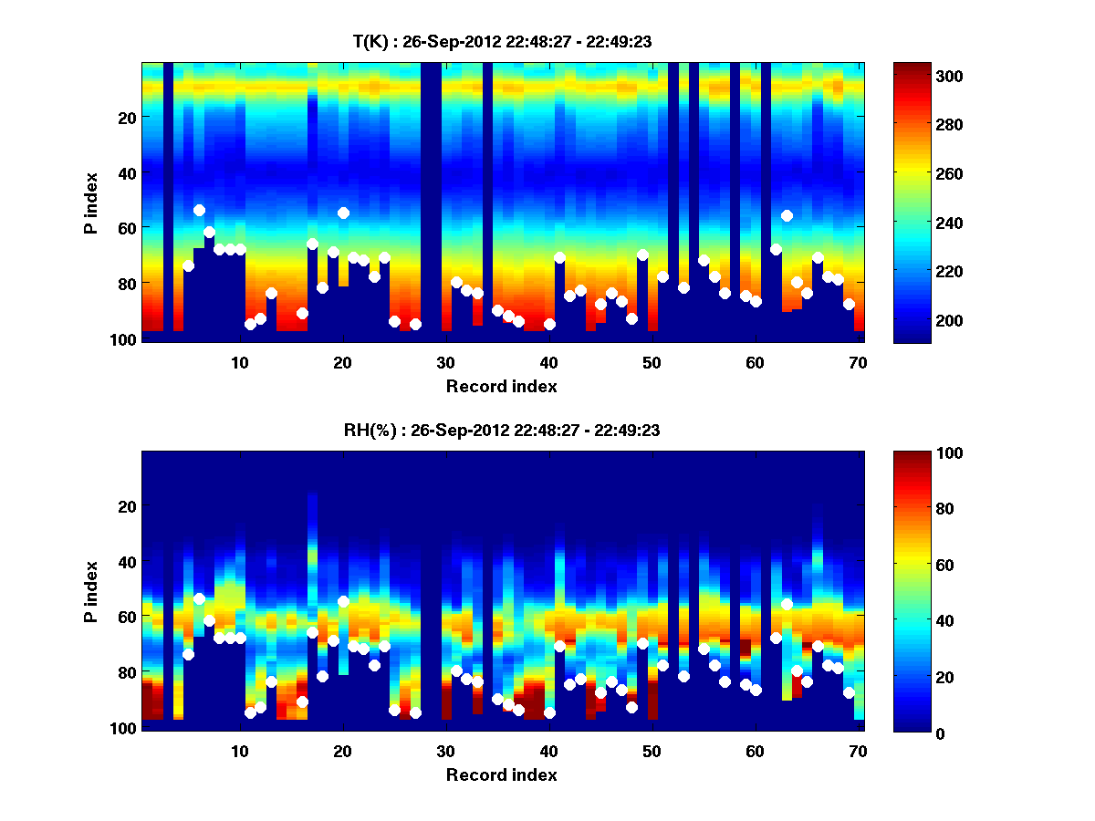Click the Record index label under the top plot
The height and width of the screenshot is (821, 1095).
(x=502, y=386)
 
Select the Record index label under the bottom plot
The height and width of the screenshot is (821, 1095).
(x=502, y=774)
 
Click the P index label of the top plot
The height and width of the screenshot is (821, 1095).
(x=91, y=203)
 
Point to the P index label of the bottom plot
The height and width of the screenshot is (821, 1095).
(x=91, y=591)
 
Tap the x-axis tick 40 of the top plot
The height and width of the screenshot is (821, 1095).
(x=548, y=362)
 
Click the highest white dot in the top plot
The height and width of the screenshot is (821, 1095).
(x=199, y=211)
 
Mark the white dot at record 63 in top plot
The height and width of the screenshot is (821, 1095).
(x=787, y=215)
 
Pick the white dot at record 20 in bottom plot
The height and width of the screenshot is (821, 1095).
(x=343, y=601)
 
